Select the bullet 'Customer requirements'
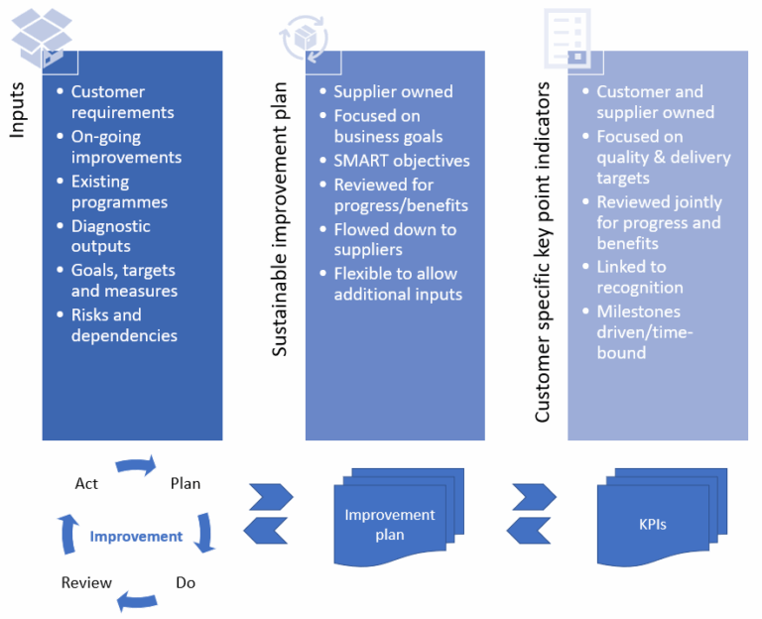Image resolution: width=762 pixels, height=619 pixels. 122,101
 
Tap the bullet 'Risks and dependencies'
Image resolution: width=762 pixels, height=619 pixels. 124,325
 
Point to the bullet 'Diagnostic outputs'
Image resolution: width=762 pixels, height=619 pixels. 110,236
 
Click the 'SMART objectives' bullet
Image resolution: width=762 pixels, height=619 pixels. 401,161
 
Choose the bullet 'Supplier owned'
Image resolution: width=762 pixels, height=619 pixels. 392,91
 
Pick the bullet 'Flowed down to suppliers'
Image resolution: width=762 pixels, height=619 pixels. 394,239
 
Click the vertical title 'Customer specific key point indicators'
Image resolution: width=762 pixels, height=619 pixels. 543,252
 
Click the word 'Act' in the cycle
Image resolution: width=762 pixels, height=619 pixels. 86,483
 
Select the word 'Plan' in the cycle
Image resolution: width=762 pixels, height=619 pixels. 186,483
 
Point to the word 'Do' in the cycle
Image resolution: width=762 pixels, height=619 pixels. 186,582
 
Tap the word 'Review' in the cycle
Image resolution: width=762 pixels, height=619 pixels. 86,582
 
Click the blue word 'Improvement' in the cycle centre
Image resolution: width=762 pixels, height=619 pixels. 136,536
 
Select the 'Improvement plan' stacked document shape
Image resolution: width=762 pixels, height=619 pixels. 389,522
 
